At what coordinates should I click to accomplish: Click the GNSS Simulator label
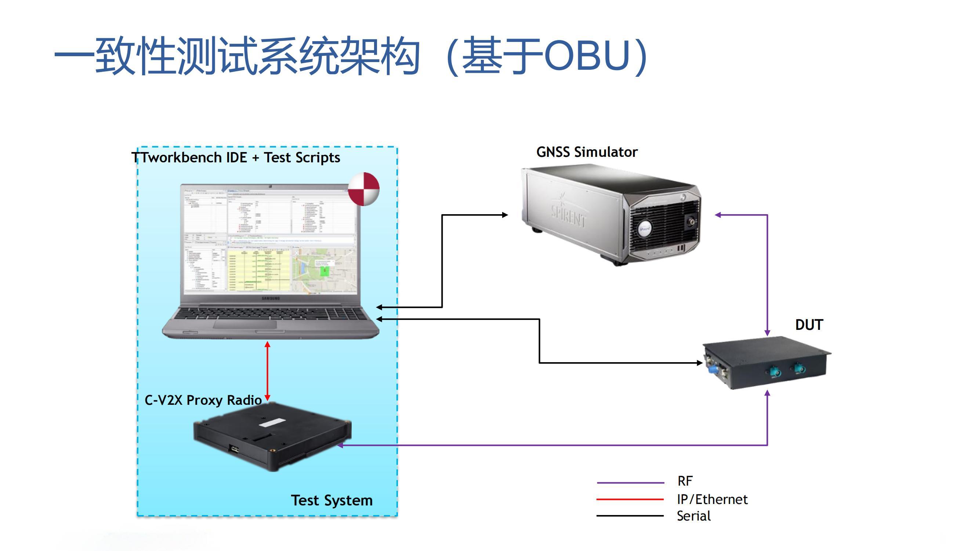587,152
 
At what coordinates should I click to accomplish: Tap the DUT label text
809,325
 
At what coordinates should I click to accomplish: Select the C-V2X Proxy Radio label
203,400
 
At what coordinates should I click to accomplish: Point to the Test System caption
331,500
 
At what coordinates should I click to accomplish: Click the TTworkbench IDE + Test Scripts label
236,158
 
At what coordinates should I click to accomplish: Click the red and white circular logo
364,189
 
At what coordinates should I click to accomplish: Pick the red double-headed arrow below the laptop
268,371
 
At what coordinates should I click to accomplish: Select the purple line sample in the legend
630,483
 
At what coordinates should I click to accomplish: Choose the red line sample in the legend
630,499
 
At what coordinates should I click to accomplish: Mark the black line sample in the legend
630,516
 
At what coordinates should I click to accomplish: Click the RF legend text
685,481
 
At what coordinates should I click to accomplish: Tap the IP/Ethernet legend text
712,499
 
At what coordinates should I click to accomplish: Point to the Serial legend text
693,516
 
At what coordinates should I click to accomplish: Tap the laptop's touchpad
245,324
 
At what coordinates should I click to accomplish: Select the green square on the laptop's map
324,271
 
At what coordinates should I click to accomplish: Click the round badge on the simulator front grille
645,228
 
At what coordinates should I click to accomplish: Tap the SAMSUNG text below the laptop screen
271,299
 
